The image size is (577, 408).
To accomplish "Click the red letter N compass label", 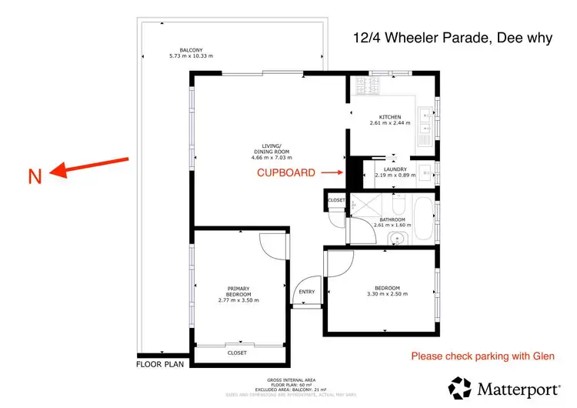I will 35,176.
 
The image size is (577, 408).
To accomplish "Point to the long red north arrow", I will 88,166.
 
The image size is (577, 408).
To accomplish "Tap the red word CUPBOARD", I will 285,172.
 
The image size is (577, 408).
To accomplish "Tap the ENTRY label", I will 306,292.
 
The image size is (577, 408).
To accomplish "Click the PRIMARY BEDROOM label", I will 238,291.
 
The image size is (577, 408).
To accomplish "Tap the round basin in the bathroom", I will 395,238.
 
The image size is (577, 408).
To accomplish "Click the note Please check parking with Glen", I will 482,356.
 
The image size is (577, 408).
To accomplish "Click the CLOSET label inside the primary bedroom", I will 237,353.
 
